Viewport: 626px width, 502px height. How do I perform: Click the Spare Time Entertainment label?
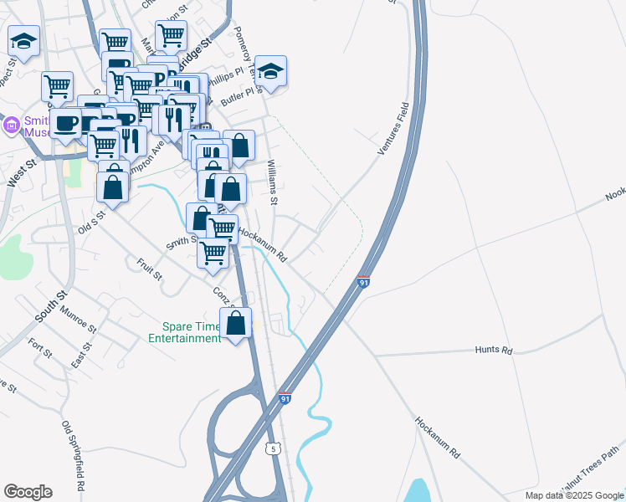pyautogui.click(x=184, y=332)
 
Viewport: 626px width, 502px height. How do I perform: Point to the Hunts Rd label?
pyautogui.click(x=493, y=351)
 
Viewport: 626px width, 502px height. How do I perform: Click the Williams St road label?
pyautogui.click(x=272, y=182)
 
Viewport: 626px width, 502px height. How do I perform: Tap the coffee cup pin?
pyautogui.click(x=66, y=124)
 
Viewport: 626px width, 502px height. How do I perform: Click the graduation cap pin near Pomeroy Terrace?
pyautogui.click(x=270, y=72)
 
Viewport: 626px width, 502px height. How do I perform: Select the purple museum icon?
pyautogui.click(x=11, y=125)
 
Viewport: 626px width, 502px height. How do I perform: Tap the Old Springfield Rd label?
pyautogui.click(x=74, y=455)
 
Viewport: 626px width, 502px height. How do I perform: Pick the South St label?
pyautogui.click(x=51, y=306)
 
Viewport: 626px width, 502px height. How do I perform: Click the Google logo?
pyautogui.click(x=28, y=492)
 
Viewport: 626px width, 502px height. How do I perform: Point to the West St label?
pyautogui.click(x=17, y=177)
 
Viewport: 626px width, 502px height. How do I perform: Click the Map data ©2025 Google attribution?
pyautogui.click(x=573, y=495)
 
